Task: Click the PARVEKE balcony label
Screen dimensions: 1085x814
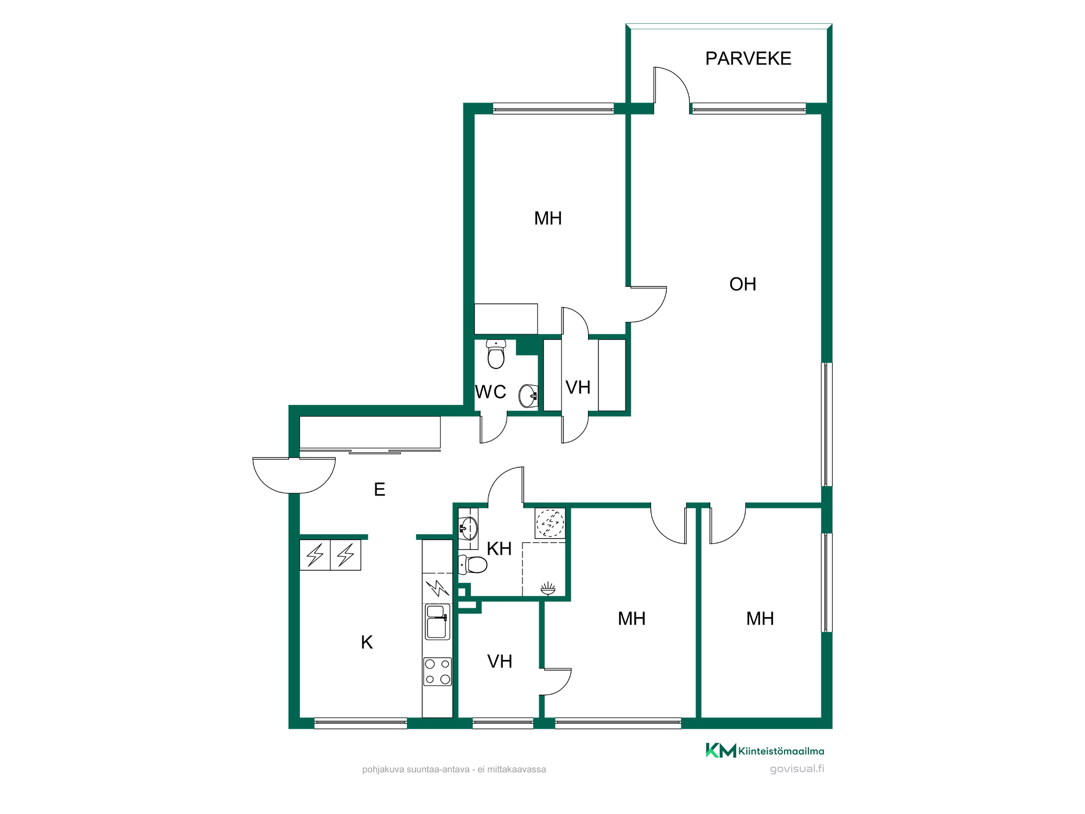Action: tap(748, 59)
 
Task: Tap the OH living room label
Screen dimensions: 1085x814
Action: tap(743, 284)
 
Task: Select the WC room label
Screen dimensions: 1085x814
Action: tap(490, 392)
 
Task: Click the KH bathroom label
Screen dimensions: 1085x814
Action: tap(499, 549)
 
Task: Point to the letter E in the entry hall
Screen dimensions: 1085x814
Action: tap(380, 489)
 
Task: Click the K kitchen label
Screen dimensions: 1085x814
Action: tap(367, 643)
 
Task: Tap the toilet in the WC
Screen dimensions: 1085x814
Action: tap(496, 354)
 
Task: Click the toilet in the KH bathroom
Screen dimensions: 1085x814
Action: tap(473, 564)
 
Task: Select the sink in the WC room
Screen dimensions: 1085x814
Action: tap(528, 396)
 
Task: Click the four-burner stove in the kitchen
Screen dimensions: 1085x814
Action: tap(437, 671)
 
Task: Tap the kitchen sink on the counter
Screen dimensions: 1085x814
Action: tap(437, 622)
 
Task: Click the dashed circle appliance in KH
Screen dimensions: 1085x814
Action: tap(550, 523)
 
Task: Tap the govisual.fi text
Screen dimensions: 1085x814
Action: tap(797, 769)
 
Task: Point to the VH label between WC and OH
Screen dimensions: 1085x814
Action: tap(578, 387)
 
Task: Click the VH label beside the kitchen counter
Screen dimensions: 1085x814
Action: tap(500, 662)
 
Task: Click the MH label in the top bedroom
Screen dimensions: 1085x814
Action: tap(548, 218)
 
